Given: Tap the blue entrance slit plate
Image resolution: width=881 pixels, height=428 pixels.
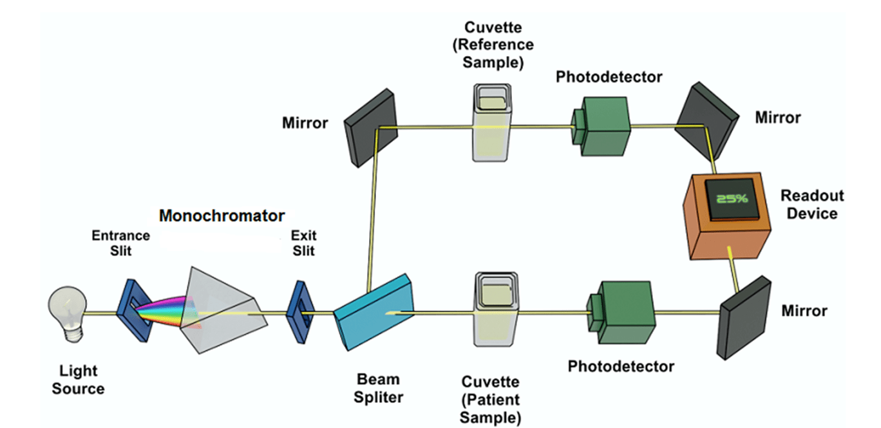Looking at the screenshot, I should coord(134,308).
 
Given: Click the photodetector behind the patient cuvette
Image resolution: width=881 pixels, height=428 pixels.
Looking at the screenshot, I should coord(620,313).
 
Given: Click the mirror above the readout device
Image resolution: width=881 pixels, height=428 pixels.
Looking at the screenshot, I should coord(706,122).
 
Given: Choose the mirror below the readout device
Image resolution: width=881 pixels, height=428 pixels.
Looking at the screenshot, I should coord(744,317).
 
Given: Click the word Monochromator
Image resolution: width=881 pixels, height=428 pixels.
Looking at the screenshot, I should coord(222,215).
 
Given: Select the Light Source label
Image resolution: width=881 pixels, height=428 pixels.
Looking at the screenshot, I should coord(78,380).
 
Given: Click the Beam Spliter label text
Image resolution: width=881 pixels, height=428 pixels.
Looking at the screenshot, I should coord(378,388).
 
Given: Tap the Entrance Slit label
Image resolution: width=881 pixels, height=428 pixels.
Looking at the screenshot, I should coord(120,243).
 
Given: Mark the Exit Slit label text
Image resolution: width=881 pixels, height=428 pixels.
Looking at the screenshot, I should coord(303,243).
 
